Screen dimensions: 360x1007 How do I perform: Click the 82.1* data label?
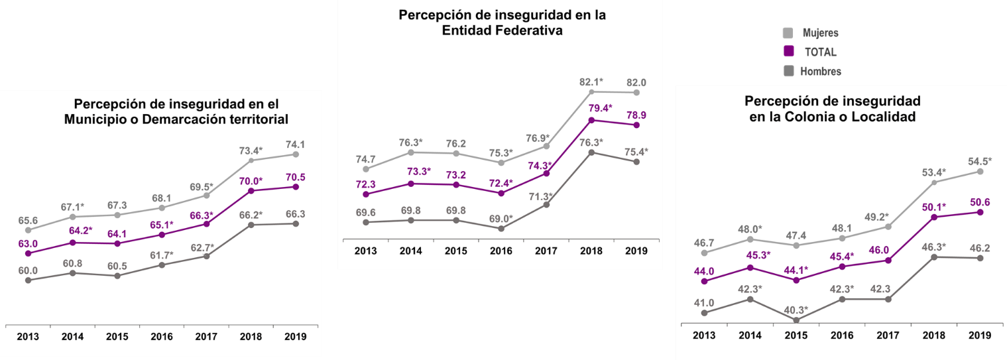tap(591, 82)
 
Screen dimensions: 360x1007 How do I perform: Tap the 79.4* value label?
tap(591, 108)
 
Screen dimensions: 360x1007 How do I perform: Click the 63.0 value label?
tap(28, 244)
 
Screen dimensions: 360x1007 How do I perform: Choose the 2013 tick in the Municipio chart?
tap(28, 336)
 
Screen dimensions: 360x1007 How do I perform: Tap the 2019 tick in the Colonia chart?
tap(978, 335)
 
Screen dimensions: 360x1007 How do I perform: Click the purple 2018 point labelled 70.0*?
tap(251, 191)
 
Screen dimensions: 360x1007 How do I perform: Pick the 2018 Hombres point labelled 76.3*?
tap(591, 152)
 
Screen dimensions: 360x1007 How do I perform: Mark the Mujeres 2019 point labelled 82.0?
tap(636, 93)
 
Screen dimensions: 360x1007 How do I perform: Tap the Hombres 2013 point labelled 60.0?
tap(28, 280)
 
